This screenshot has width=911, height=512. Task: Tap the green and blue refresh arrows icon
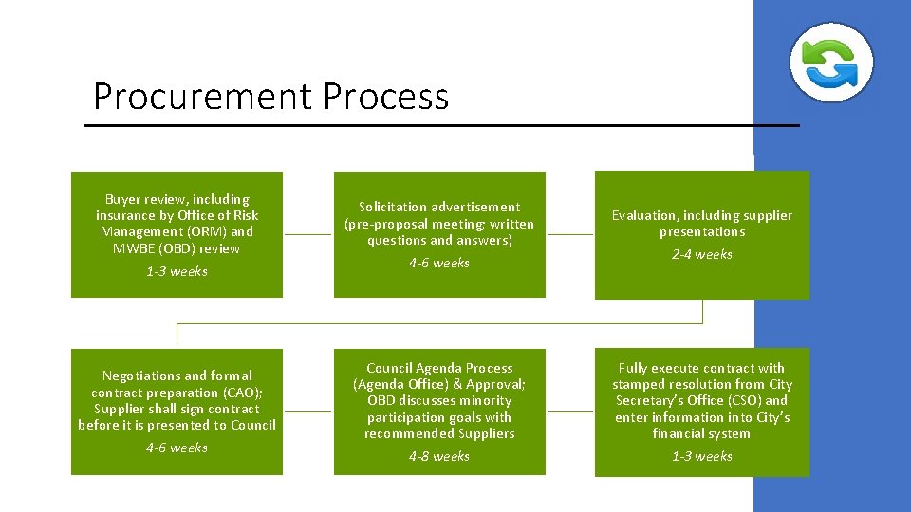click(x=831, y=62)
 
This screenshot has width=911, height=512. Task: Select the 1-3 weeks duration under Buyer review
click(x=177, y=272)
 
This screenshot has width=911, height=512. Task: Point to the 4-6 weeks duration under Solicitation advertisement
click(x=439, y=264)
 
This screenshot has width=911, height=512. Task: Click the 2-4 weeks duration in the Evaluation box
click(x=702, y=255)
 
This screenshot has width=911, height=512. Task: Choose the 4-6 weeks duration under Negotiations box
click(x=177, y=448)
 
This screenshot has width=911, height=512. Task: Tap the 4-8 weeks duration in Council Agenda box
click(x=439, y=457)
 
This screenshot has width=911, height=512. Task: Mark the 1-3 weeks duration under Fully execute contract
click(x=702, y=457)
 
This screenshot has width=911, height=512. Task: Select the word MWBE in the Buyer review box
click(x=135, y=248)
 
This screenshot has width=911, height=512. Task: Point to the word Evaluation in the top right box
click(x=644, y=215)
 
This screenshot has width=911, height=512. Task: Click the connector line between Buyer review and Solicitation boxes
click(x=308, y=234)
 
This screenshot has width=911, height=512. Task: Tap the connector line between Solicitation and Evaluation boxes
click(x=570, y=234)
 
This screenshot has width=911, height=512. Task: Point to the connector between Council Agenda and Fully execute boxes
click(x=570, y=412)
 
